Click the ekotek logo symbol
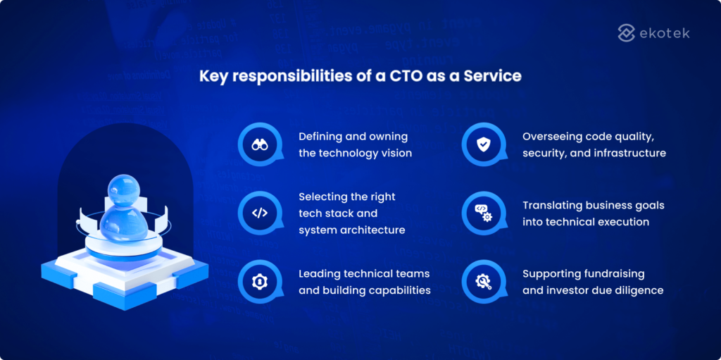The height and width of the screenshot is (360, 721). coord(626,32)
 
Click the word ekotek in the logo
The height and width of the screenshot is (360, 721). coord(665,32)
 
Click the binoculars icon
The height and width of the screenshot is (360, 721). coord(260,144)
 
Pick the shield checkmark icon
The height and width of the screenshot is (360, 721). coord(483,144)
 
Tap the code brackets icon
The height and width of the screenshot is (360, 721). coord(260,213)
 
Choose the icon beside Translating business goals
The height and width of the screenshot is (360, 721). coord(483,213)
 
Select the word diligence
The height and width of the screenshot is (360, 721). coord(638,290)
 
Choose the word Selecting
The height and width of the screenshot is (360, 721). coord(322,196)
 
